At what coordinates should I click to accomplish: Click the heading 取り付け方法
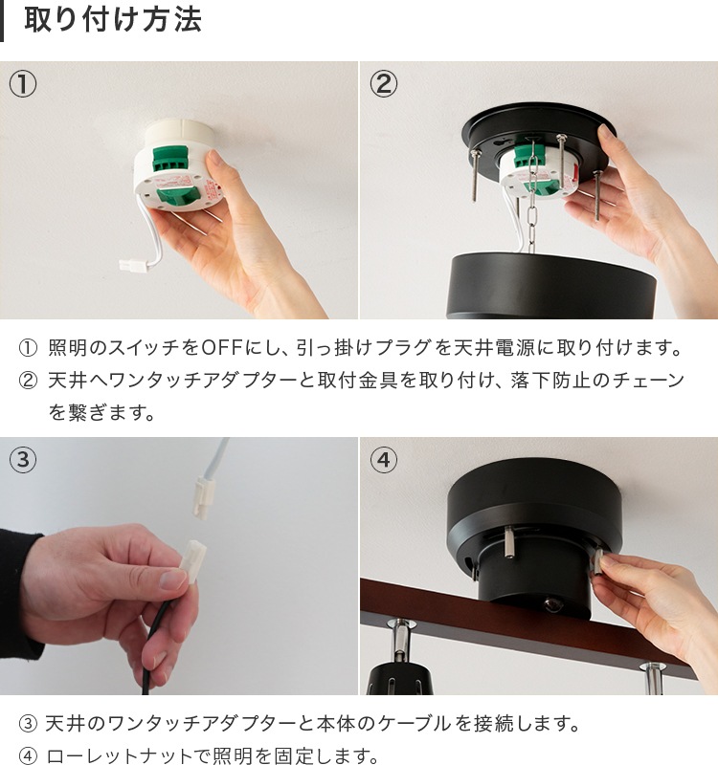[113, 20]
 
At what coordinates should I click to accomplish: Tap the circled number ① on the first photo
[22, 84]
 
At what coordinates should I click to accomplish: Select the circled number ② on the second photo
[383, 84]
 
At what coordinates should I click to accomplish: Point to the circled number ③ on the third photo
[22, 460]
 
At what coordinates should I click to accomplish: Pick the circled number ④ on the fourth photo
[383, 460]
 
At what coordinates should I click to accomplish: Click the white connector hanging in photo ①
[134, 266]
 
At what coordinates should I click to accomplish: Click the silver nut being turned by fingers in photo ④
[598, 566]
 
